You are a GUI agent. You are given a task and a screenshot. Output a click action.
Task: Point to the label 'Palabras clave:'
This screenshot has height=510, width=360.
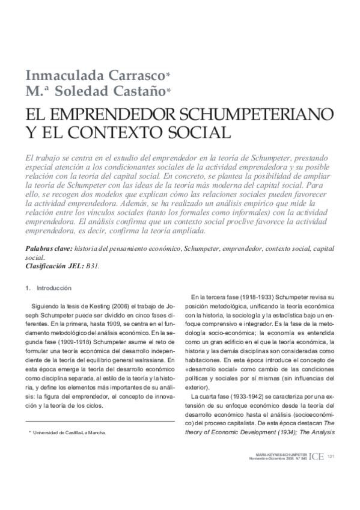(50, 248)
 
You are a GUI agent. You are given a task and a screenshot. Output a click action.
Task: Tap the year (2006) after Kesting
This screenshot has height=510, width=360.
(124, 307)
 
